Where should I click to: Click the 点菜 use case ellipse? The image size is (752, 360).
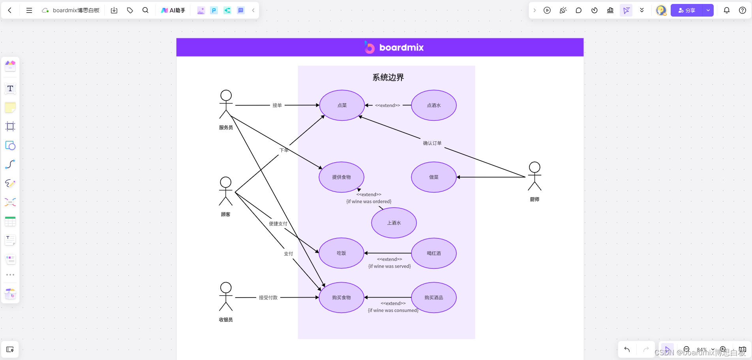coord(342,105)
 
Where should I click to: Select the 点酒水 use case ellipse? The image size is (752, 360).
coord(433,105)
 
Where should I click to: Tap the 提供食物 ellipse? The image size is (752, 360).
coord(341,177)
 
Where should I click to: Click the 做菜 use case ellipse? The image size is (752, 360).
coord(433,177)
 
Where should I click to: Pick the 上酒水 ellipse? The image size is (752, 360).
coord(394,223)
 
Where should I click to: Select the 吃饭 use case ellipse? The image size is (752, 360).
coord(341,253)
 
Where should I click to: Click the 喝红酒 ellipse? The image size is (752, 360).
coord(433,253)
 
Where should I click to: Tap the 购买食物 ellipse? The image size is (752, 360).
coord(341,298)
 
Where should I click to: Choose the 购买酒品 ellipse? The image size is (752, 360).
coord(433,298)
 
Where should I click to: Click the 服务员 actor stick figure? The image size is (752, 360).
coord(226,104)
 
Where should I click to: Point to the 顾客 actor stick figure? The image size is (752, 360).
coord(226,191)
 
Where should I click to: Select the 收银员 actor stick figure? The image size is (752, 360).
coord(226,296)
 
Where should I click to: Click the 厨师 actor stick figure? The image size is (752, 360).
coord(534,176)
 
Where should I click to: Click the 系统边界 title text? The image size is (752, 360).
coord(388,77)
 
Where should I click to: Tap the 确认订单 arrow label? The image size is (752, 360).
coord(432,143)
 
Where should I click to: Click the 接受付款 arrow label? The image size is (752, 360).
coord(268,298)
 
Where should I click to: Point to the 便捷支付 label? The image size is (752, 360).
coord(278,224)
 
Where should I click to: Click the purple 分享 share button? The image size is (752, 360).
coord(687,10)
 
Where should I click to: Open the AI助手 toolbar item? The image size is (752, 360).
coord(173,10)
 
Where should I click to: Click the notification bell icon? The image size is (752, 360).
coord(726,10)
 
